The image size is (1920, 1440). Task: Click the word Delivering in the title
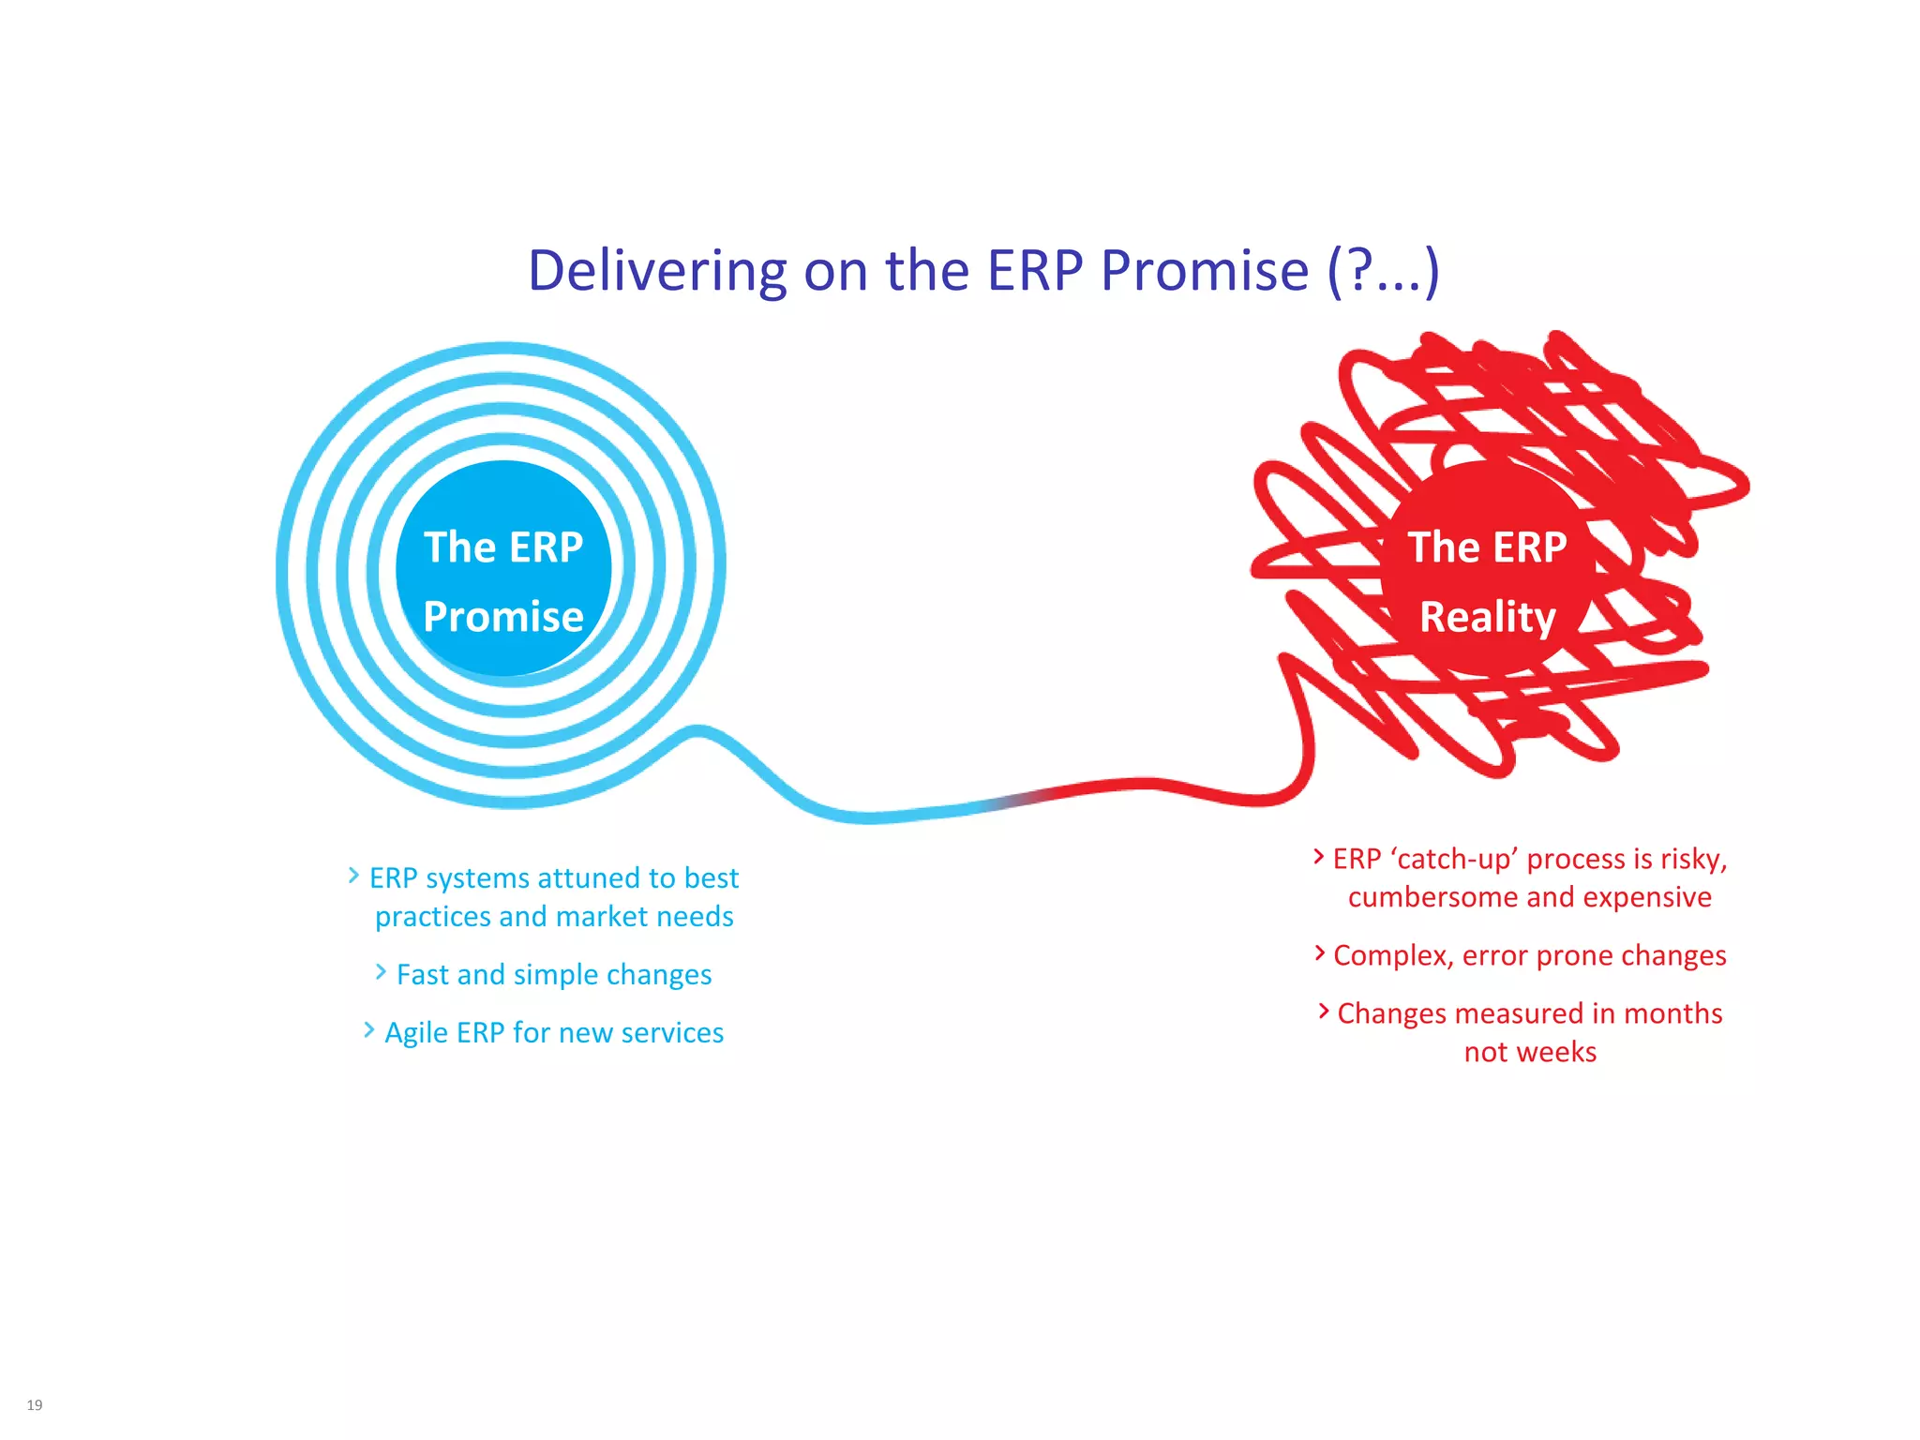656,271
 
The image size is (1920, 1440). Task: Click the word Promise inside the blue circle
503,617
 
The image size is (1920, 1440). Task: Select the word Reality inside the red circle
1488,617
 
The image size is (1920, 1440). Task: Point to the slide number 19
35,1404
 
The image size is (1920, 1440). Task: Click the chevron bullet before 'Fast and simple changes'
381,972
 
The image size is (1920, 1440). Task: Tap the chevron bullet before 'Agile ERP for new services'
368,1030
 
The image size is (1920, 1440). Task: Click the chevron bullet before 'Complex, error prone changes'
1320,953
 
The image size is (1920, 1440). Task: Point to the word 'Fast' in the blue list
423,975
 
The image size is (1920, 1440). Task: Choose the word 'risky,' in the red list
1693,859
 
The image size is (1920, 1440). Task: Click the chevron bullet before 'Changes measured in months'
1324,1011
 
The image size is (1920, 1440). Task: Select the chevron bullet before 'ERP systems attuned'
353,876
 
